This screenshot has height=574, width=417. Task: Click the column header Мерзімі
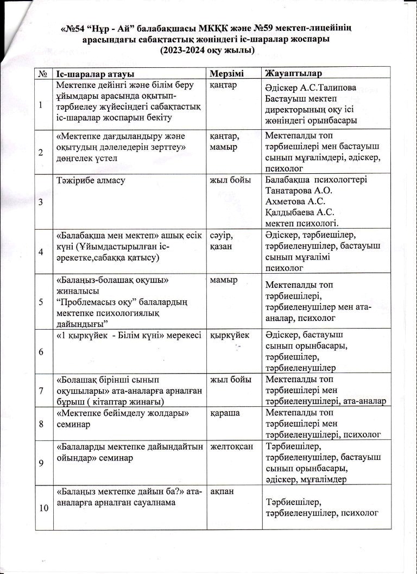point(226,73)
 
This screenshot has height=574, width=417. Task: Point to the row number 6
point(41,351)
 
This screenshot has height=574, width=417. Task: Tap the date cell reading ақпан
point(221,490)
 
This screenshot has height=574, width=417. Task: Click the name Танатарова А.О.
point(299,191)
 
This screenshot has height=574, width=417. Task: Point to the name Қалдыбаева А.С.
point(300,212)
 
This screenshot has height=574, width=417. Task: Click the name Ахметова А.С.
point(294,201)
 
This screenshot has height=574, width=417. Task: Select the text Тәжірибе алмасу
point(90,180)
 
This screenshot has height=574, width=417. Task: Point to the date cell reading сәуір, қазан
point(224,241)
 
